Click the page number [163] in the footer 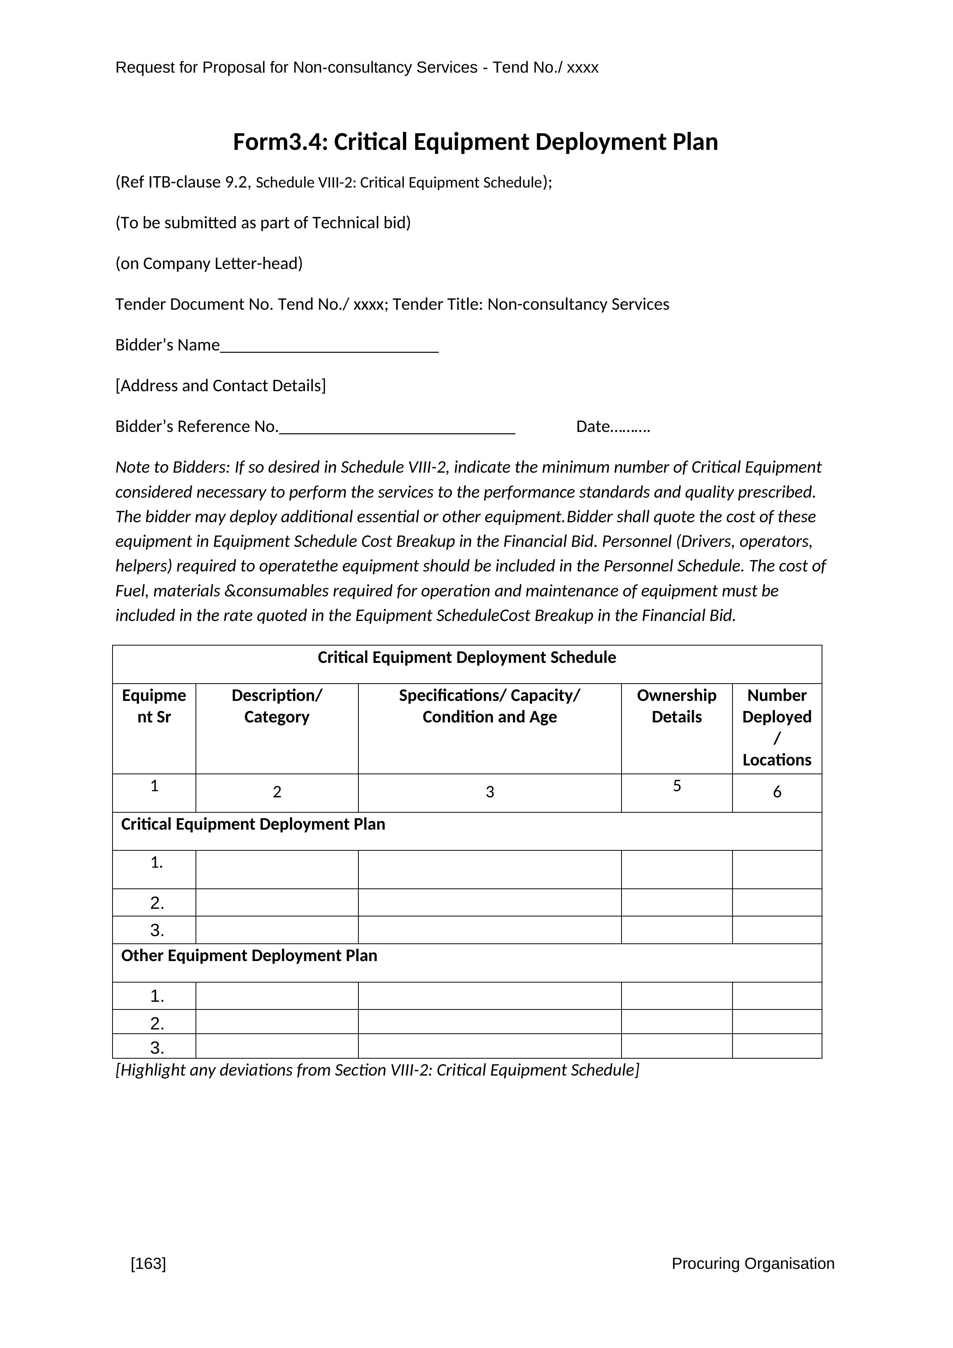point(149,1263)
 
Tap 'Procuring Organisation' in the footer point(752,1263)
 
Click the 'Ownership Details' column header point(676,706)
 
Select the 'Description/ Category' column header point(277,706)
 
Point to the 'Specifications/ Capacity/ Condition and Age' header point(489,706)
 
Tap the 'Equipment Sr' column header point(154,706)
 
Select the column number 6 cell point(777,792)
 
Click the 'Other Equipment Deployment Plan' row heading point(249,955)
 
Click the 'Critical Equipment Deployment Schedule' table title point(467,657)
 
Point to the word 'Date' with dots point(613,426)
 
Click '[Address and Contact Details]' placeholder point(220,386)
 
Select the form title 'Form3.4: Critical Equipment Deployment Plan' point(475,142)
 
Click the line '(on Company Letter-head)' point(209,264)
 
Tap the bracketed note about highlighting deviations point(377,1070)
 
